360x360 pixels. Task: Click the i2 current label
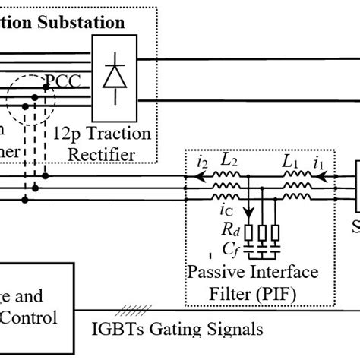(x=202, y=161)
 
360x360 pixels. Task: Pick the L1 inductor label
(x=291, y=161)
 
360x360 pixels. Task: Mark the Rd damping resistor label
(x=227, y=229)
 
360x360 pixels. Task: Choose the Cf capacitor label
(x=227, y=248)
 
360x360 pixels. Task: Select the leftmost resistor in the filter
(x=248, y=230)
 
